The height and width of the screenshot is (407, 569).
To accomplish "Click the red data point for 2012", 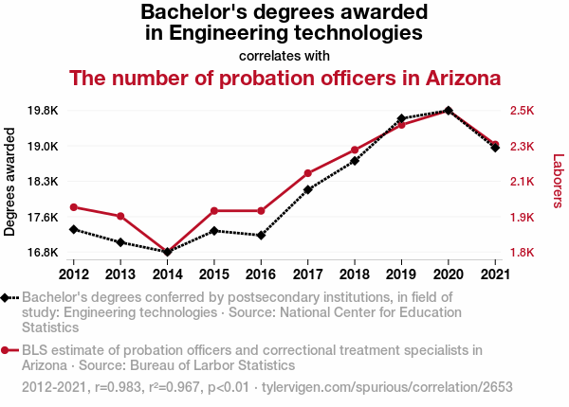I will [74, 207].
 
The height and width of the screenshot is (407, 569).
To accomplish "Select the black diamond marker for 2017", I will [308, 189].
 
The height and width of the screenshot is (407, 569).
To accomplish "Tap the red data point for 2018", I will [355, 150].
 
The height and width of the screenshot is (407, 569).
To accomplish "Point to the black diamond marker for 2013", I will [120, 242].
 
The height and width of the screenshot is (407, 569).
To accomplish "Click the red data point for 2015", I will [214, 210].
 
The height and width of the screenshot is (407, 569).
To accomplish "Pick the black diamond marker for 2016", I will [261, 235].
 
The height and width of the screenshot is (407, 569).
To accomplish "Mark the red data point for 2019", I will [401, 125].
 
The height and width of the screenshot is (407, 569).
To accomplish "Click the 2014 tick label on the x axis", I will [168, 274].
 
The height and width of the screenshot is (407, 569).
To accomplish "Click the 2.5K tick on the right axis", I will [523, 111].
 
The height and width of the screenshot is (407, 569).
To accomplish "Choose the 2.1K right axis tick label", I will [523, 182].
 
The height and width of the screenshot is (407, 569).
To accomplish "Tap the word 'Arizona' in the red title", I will [454, 78].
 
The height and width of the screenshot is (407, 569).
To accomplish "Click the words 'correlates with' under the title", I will [284, 56].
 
